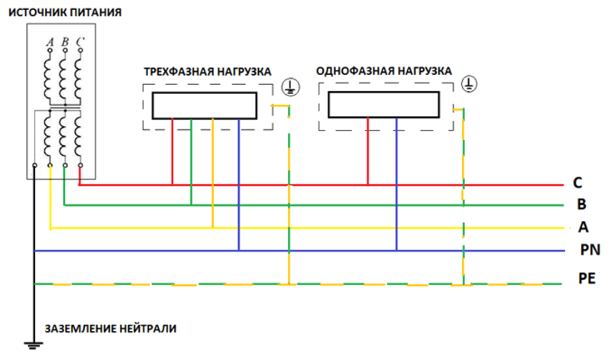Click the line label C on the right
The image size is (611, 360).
point(577,183)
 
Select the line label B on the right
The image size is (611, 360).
point(581,204)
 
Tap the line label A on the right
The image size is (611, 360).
point(584,226)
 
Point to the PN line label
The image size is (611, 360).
point(590,250)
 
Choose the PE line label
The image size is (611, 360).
point(587,278)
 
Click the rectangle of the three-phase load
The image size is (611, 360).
point(205,105)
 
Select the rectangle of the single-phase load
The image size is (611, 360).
point(384,105)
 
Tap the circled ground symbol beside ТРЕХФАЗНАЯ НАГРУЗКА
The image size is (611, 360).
point(291,87)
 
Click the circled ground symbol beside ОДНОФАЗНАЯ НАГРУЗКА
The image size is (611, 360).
point(469,84)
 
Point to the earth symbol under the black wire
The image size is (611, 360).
point(34,345)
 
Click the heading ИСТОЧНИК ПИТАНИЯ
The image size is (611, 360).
point(65,12)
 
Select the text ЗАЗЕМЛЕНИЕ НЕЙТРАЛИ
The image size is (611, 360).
point(111,329)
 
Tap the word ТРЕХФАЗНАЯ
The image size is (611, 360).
point(179,72)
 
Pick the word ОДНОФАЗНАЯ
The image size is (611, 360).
point(351,71)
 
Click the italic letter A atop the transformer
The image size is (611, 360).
point(50,42)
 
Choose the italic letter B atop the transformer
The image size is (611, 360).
point(65,42)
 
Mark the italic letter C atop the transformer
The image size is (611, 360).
point(80,41)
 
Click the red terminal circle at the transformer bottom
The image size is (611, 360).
point(80,165)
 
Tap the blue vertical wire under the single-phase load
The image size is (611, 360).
point(396,184)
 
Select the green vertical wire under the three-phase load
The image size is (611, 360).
point(191,162)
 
